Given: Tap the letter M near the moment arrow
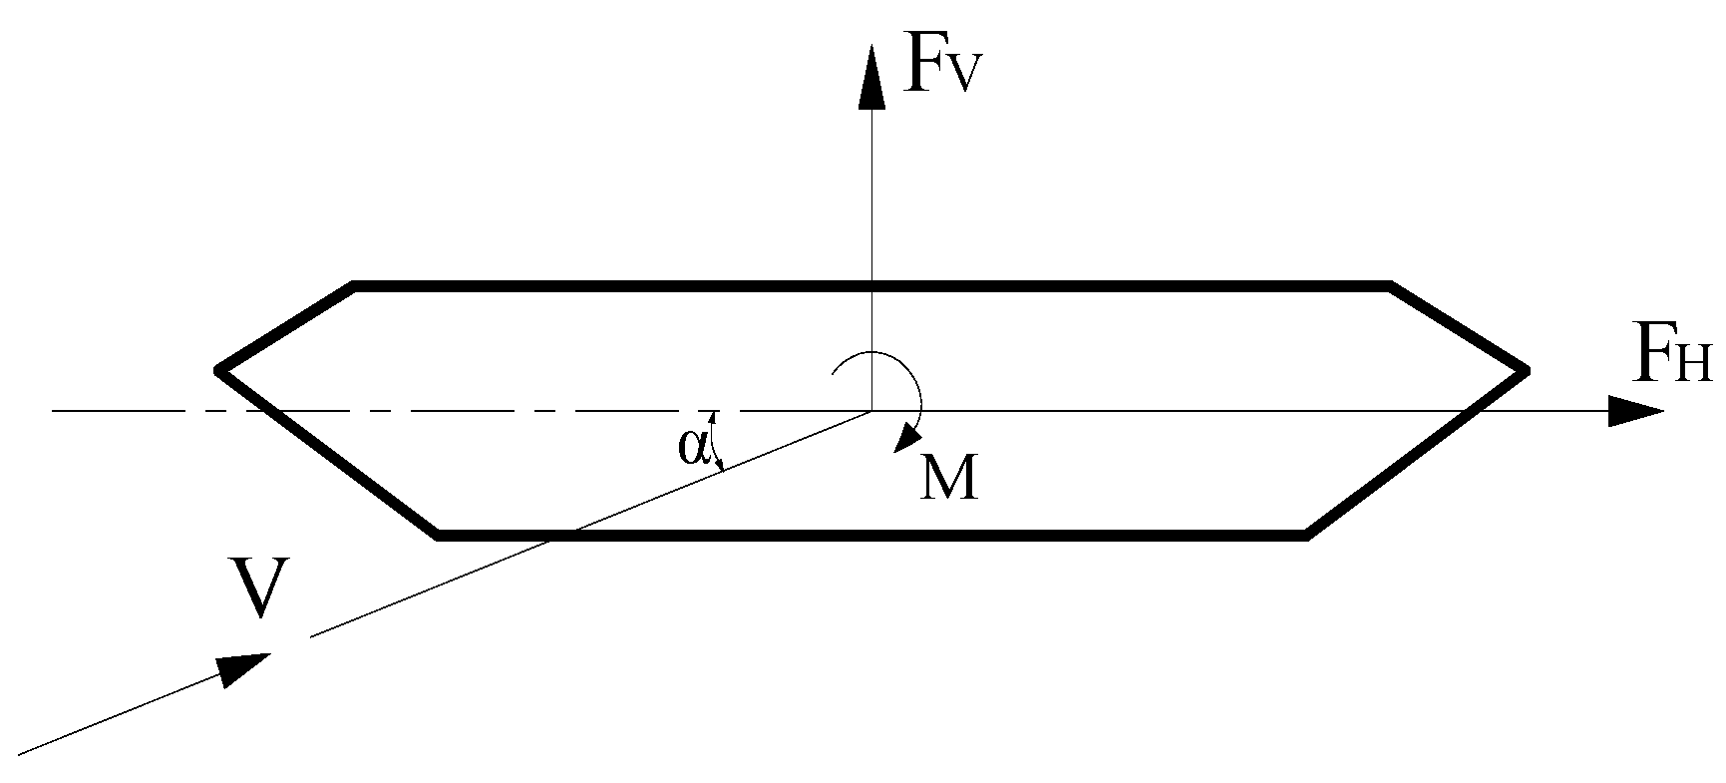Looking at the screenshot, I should coord(948,480).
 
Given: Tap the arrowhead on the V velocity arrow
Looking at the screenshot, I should coord(242,667).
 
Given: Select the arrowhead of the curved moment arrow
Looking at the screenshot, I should coord(908,436).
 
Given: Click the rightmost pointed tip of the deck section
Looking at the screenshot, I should coord(1525,371).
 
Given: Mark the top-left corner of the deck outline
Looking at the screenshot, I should coord(354,287).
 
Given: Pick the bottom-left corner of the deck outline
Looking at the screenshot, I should coord(439,536).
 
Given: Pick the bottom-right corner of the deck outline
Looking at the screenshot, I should coord(1305,536).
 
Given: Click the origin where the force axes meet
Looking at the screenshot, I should coord(872,410).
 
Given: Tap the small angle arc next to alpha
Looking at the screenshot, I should coord(714,444).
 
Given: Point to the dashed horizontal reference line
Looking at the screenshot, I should coord(399,410).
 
